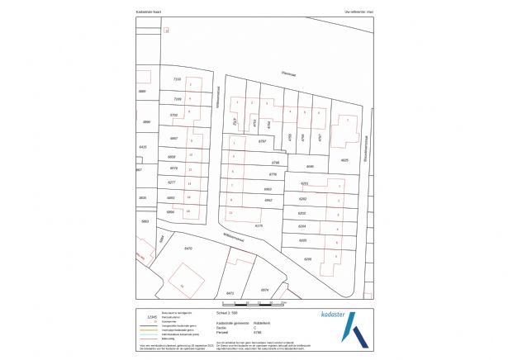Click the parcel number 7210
click(x=176, y=78)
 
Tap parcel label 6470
click(x=188, y=248)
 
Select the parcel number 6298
click(x=307, y=258)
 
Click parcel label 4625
click(x=344, y=159)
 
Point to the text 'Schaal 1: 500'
click(x=227, y=314)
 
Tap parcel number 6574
click(x=265, y=290)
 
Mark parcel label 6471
click(x=230, y=292)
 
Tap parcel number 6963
click(x=268, y=189)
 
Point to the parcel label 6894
click(x=171, y=211)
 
